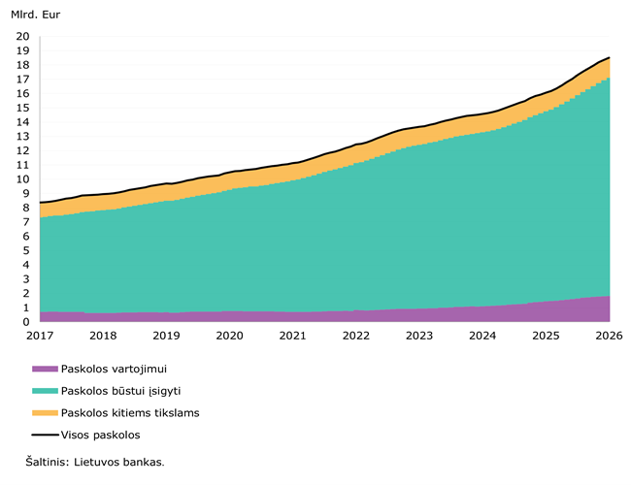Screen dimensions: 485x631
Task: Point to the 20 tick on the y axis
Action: point(22,37)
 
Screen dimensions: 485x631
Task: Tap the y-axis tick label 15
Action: point(22,108)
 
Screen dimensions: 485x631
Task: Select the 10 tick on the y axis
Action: point(22,179)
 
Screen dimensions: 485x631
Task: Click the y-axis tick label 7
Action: point(25,222)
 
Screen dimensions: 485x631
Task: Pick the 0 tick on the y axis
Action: point(25,321)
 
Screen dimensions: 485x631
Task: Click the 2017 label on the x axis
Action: point(40,336)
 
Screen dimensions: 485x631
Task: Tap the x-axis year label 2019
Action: point(166,336)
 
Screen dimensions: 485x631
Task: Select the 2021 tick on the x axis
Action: point(292,336)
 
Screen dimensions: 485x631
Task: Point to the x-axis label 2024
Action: point(482,336)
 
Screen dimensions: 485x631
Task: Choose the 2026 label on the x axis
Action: point(609,336)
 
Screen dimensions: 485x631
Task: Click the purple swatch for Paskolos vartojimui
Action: point(45,369)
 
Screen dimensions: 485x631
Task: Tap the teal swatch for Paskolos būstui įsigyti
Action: point(45,391)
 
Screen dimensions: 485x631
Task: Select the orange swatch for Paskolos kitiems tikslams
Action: point(45,413)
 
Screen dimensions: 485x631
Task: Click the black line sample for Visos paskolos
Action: point(45,435)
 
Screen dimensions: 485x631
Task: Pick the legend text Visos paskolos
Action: point(100,435)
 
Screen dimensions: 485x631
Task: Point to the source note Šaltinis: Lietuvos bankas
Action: point(95,462)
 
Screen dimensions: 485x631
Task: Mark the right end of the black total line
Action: point(609,57)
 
